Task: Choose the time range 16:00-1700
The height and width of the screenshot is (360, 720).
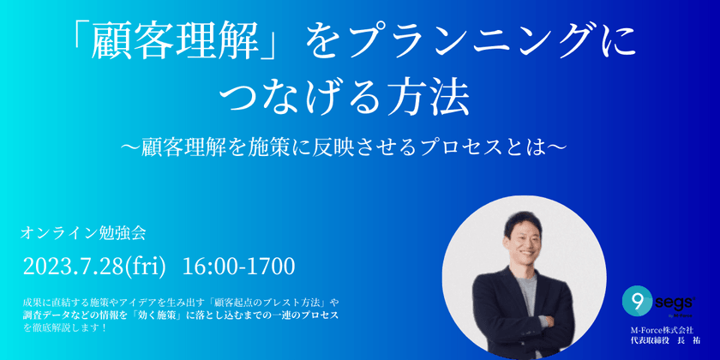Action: [239, 267]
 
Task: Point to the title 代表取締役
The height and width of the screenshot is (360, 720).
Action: [651, 340]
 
